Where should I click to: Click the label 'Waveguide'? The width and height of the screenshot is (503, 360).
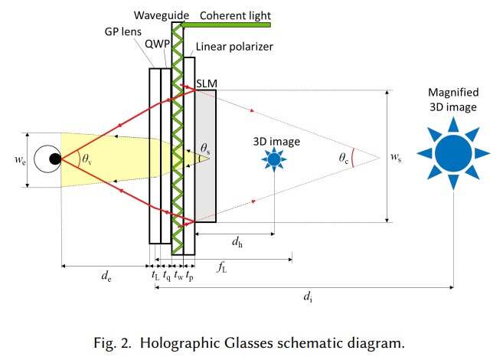162,15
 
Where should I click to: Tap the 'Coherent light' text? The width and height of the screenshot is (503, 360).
236,15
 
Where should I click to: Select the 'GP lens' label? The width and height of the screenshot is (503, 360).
122,31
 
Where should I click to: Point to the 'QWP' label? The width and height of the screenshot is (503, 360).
157,44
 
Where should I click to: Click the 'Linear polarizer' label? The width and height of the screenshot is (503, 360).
234,47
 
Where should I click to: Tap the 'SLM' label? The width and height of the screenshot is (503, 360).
207,83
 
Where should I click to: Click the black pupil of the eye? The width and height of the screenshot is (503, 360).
55,159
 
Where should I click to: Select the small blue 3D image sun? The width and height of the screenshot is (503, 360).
274,159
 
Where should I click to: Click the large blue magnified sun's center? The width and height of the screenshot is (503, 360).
453,153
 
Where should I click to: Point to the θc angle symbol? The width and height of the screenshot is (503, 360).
343,159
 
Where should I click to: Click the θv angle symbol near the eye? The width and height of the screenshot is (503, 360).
87,159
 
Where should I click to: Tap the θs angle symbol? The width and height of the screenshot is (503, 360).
205,149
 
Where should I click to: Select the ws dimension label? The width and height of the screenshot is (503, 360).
396,157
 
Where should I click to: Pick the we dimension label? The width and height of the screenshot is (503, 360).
20,159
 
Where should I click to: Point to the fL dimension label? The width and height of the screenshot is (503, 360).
222,267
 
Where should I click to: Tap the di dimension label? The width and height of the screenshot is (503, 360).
308,296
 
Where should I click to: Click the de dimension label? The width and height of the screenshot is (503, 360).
106,276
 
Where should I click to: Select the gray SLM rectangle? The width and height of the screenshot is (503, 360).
205,156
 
